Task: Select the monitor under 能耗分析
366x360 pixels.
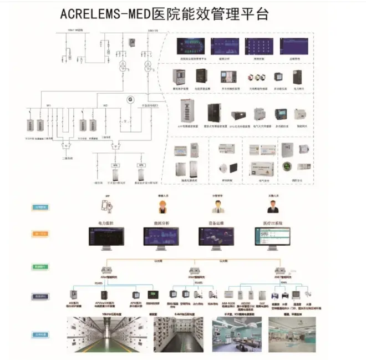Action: click(160, 237)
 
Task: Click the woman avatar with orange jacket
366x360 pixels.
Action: click(163, 206)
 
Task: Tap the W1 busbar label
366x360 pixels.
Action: click(48, 105)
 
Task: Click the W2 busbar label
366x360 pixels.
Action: click(105, 105)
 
